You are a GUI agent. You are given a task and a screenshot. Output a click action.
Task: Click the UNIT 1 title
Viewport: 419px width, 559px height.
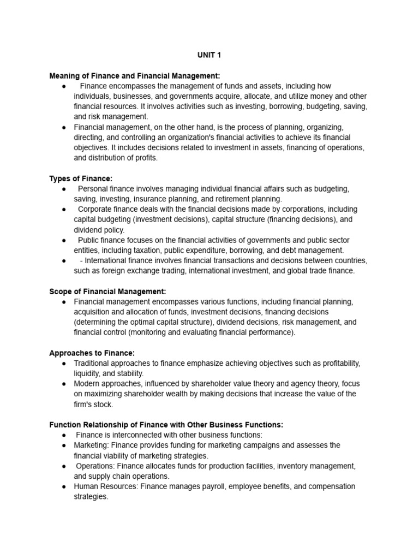pos(209,55)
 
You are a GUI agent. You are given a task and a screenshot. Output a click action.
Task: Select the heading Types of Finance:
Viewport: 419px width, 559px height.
pos(81,179)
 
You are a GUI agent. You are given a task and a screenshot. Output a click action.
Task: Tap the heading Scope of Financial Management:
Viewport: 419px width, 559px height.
pos(107,292)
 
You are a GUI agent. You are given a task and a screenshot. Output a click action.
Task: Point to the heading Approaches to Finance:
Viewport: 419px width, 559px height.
pos(92,353)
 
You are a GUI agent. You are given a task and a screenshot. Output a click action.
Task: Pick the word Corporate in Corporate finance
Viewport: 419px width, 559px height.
pos(95,210)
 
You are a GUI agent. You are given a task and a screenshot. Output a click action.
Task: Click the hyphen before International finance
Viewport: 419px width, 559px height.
pos(81,261)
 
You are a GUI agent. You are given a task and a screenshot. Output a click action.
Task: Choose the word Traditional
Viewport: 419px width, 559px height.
pos(93,364)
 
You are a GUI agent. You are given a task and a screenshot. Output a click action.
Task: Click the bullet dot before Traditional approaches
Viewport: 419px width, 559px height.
pos(64,364)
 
